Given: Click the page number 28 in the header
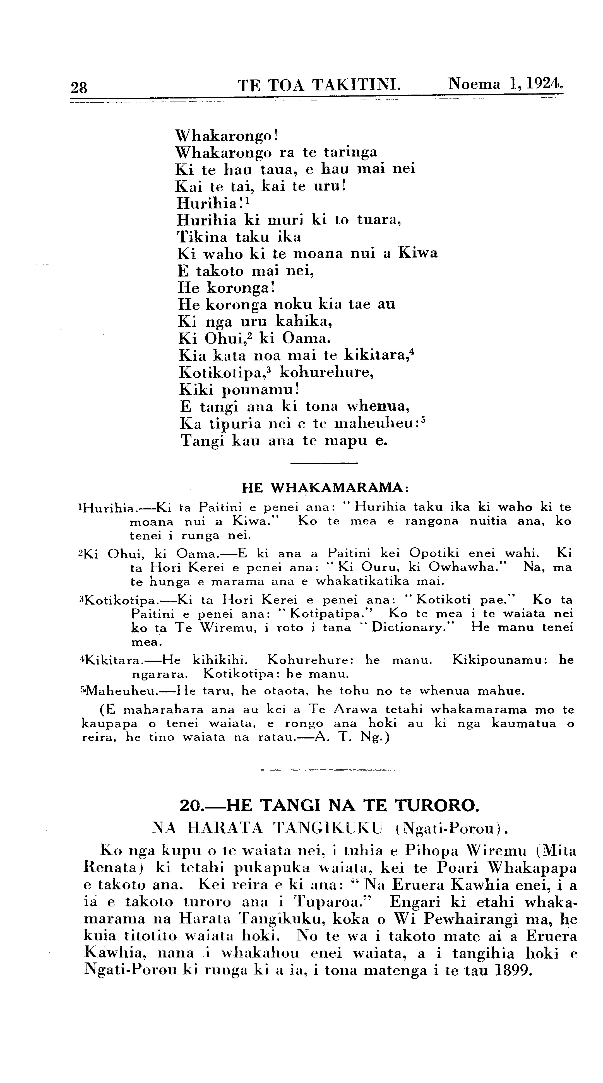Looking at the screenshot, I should point(79,87).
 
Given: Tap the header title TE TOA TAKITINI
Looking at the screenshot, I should point(318,85).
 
